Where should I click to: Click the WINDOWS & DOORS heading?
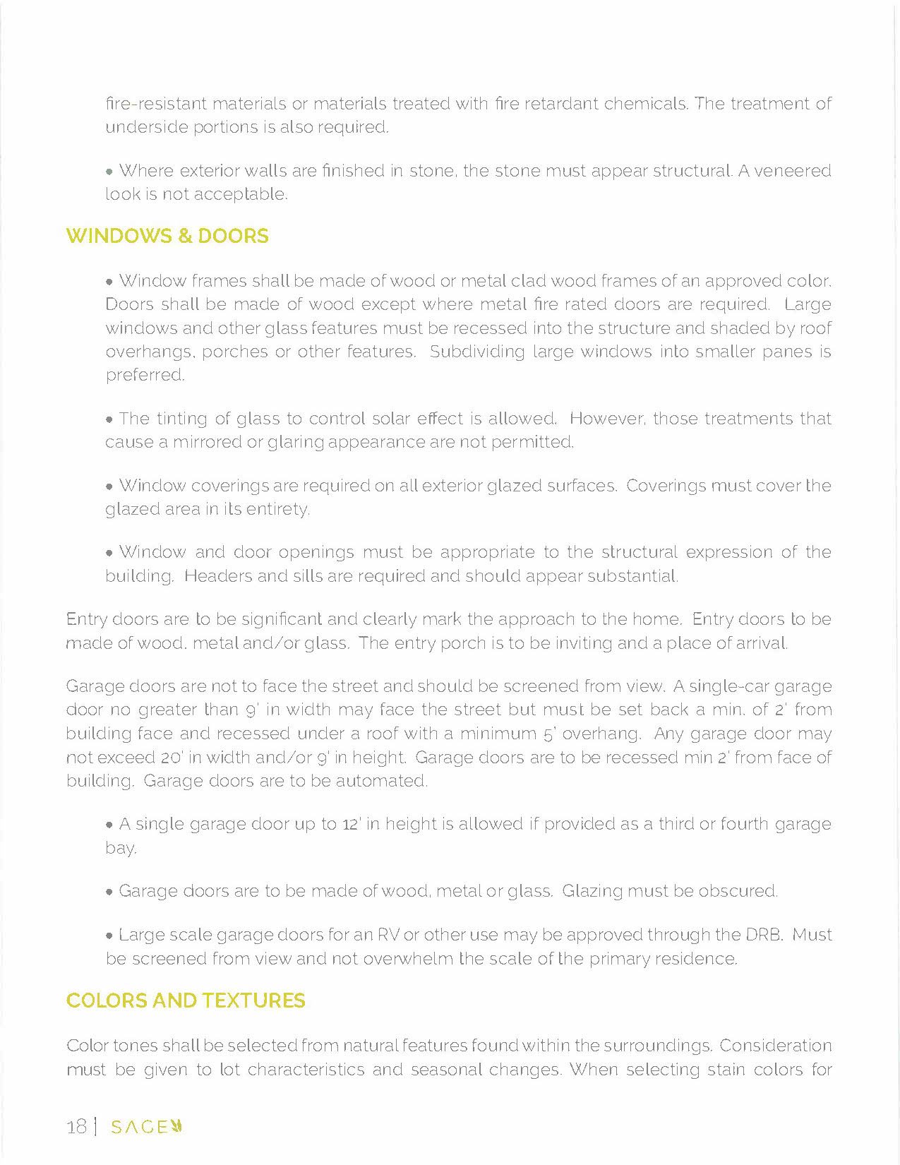(167, 236)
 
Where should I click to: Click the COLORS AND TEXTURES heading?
(186, 1000)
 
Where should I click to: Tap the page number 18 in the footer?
(76, 1126)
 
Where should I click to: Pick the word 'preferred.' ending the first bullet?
(145, 375)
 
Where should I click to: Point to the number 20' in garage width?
(172, 758)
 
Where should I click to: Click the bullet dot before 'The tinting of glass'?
(109, 420)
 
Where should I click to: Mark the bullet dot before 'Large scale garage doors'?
(109, 936)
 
